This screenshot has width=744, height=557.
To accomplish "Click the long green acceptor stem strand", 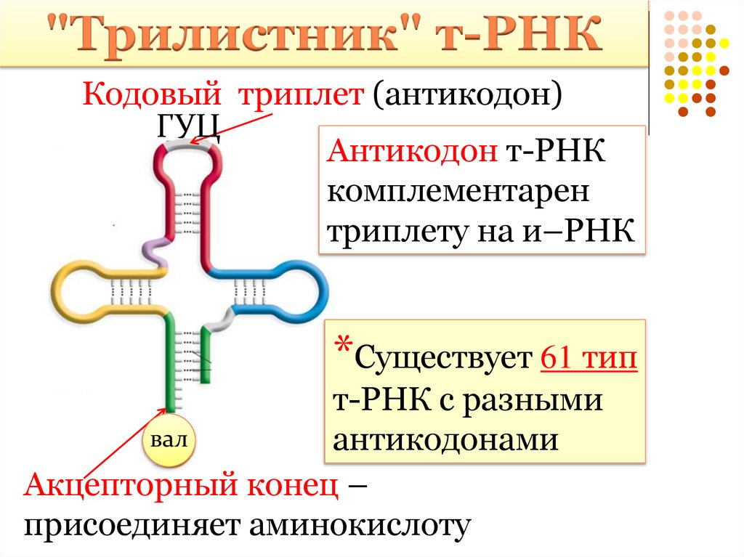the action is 170,363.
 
